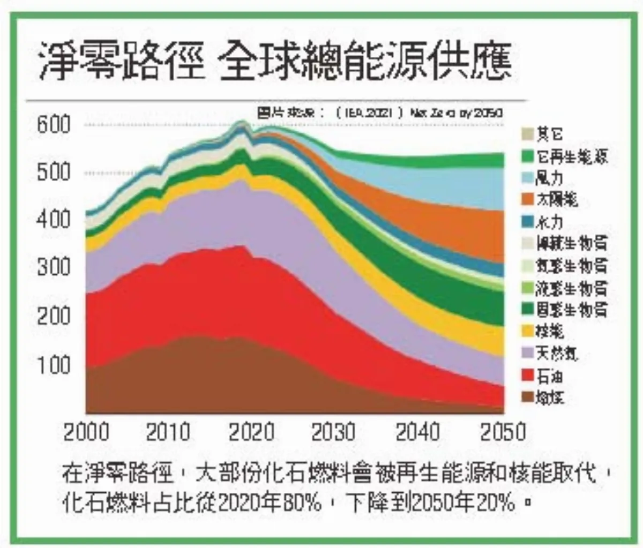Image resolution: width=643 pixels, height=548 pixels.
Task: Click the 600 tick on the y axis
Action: point(54,124)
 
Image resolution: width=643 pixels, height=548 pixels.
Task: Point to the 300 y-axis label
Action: point(54,266)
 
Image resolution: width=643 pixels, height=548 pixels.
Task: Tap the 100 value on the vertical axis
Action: point(54,365)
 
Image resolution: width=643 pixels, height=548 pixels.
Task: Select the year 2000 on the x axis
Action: point(86,432)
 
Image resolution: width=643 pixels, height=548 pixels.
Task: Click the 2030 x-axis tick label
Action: point(333,432)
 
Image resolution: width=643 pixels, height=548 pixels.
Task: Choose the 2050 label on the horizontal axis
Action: point(502,432)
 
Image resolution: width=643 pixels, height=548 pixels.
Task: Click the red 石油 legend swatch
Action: point(528,376)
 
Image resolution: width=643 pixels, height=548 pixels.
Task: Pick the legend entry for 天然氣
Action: point(557,354)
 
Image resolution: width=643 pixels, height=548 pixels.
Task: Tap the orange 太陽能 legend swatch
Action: point(528,200)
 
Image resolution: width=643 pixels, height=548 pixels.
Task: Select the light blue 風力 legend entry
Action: point(549,178)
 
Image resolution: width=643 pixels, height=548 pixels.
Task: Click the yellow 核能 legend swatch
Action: point(528,332)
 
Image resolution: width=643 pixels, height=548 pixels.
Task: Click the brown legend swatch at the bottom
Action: point(528,397)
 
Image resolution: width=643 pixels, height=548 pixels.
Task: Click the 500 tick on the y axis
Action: point(54,172)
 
